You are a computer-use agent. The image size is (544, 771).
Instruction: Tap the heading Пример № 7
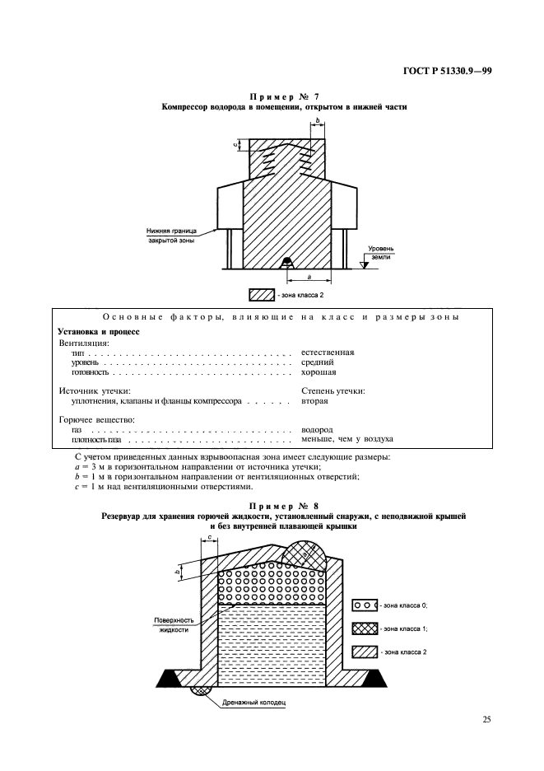pos(272,97)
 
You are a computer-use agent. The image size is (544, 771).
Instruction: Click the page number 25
pos(486,720)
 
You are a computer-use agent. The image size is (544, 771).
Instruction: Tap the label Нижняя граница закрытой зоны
pos(172,237)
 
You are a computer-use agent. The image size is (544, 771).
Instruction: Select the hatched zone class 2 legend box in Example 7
pos(261,294)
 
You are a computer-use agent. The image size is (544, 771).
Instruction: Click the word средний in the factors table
pos(318,362)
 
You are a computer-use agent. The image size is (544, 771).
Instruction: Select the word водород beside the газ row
pos(318,429)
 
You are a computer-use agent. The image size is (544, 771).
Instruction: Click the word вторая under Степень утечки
pos(315,401)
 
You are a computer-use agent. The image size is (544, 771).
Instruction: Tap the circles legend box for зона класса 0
pos(364,605)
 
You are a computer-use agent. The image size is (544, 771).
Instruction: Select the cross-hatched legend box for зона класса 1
pos(364,628)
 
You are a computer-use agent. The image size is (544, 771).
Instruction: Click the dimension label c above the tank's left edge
pos(211,537)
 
